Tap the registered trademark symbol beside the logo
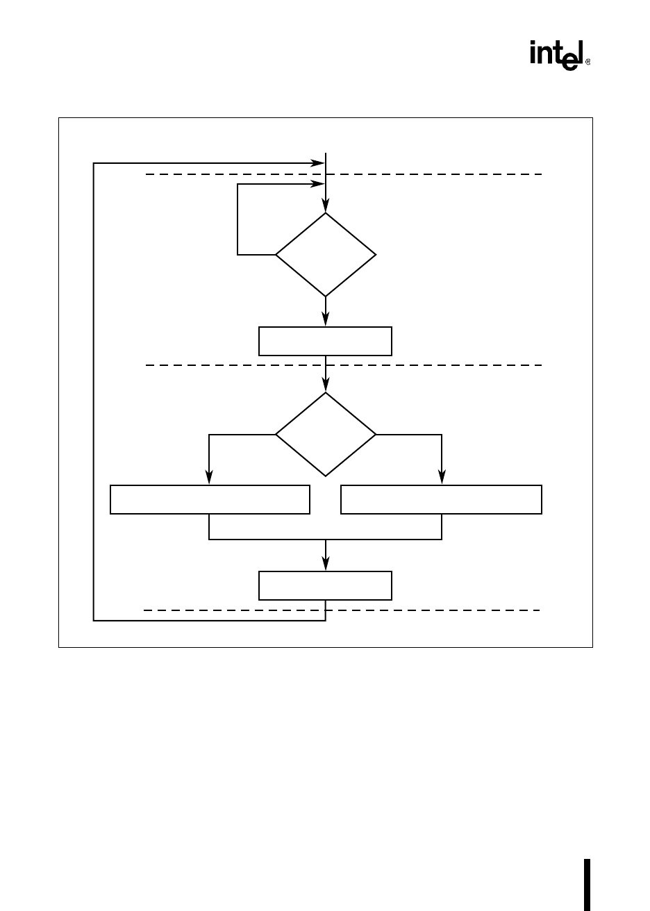(x=588, y=62)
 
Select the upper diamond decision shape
(x=326, y=255)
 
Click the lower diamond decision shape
(x=326, y=435)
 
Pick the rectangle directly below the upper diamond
(x=325, y=341)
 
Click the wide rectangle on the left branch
(x=210, y=500)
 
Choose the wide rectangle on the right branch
(x=441, y=500)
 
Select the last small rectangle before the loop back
(x=325, y=585)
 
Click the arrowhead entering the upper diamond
(x=326, y=207)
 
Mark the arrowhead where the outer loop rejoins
(x=319, y=163)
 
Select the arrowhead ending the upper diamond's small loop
(x=319, y=184)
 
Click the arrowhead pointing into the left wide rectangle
(x=209, y=480)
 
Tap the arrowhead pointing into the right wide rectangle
(x=442, y=480)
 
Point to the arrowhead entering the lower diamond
(x=326, y=387)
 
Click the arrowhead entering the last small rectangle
(x=326, y=566)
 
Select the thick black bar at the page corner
(x=587, y=885)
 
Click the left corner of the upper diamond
(x=277, y=255)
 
